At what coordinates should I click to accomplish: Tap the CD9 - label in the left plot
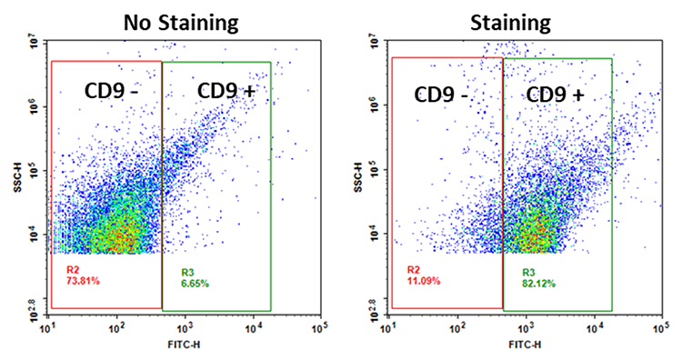pos(103,91)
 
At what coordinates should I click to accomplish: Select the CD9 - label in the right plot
pos(446,95)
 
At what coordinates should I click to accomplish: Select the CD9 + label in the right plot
pos(557,95)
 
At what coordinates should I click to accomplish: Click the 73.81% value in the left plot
pos(83,282)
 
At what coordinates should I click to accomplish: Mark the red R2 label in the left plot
pos(73,270)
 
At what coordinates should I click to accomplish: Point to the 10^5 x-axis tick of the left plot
pos(318,328)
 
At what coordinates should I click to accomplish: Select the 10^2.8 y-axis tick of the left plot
pos(30,312)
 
